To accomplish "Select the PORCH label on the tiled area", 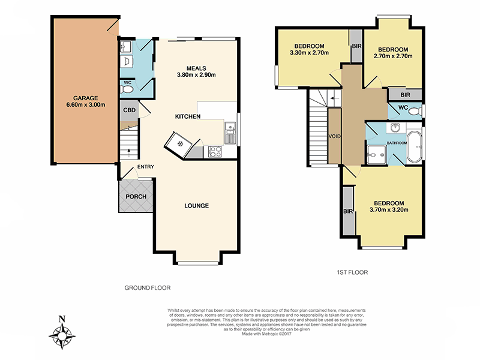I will pyautogui.click(x=135, y=196).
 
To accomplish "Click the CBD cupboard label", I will pyautogui.click(x=129, y=110).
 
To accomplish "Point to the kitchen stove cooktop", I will pyautogui.click(x=214, y=152).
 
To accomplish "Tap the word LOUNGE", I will pyautogui.click(x=196, y=206).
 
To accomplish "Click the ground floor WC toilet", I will pyautogui.click(x=127, y=90).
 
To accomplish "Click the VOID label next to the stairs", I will pyautogui.click(x=334, y=136).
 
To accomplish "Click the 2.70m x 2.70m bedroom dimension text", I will pyautogui.click(x=393, y=56).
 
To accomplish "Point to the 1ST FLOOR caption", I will pyautogui.click(x=352, y=272).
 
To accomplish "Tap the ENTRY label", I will pyautogui.click(x=145, y=167).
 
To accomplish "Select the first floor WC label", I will pyautogui.click(x=403, y=109).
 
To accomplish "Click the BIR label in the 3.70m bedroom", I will pyautogui.click(x=348, y=211).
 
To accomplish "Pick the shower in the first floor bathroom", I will pyautogui.click(x=375, y=155).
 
